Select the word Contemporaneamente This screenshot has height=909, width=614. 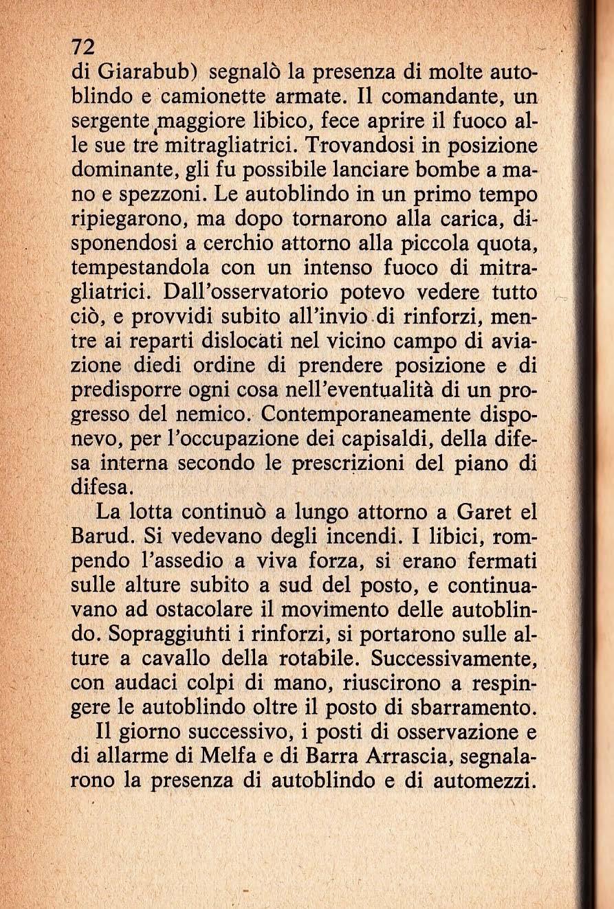coord(365,414)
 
